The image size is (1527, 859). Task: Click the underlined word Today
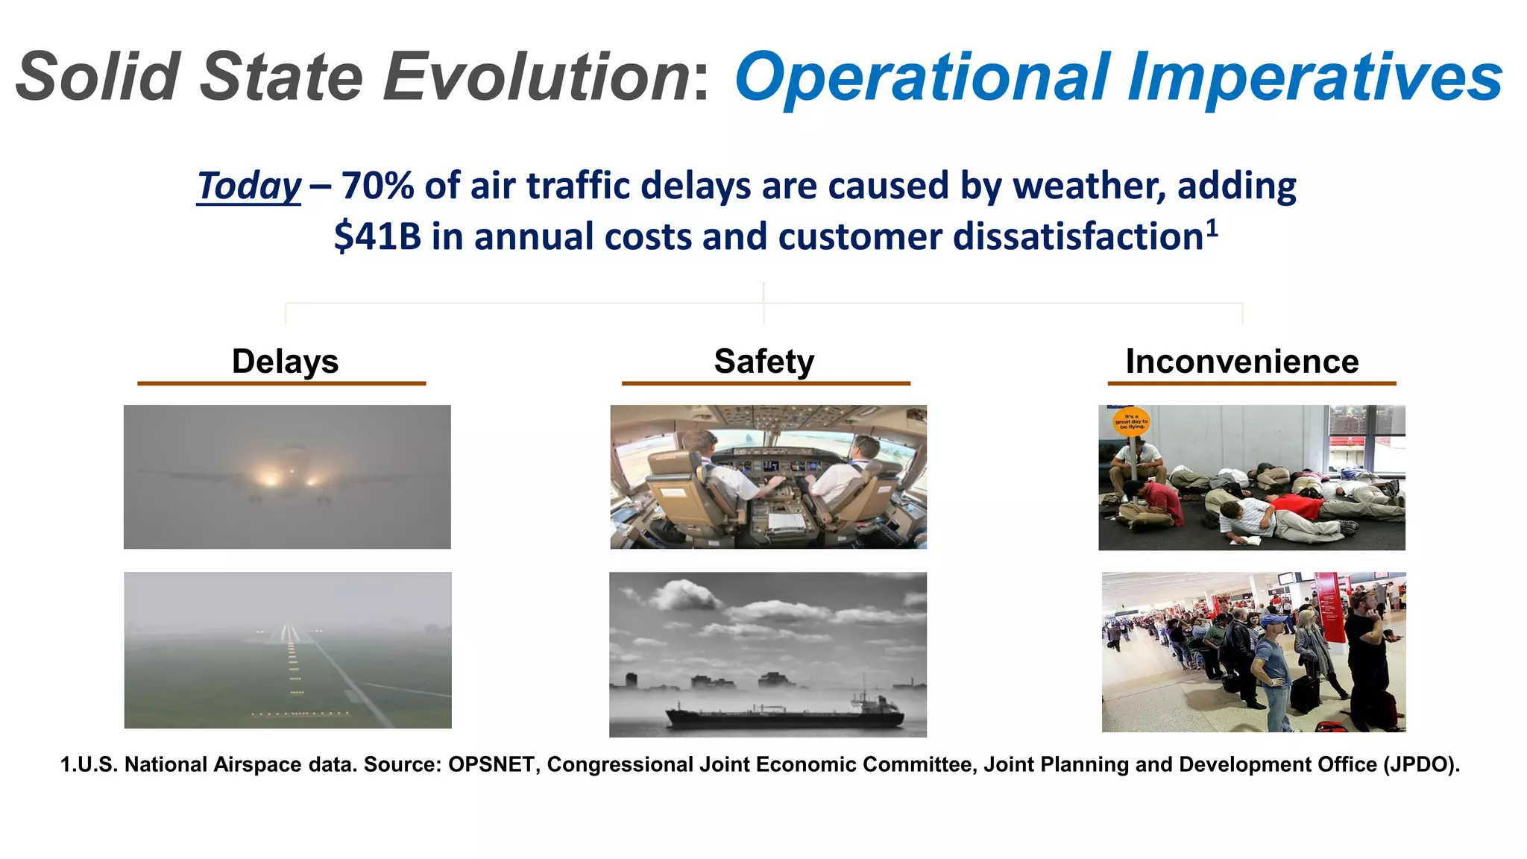click(x=249, y=186)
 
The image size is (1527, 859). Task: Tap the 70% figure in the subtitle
click(x=377, y=186)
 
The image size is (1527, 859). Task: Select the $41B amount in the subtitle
click(x=377, y=237)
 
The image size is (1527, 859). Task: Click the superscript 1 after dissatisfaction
click(x=1212, y=227)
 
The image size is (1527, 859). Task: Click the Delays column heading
click(x=285, y=362)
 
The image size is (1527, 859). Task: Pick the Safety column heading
click(x=764, y=362)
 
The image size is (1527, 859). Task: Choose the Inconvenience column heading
click(x=1242, y=362)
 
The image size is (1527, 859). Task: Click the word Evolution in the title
click(x=537, y=77)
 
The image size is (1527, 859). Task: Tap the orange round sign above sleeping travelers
click(x=1131, y=421)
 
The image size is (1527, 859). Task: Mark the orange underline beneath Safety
click(x=766, y=383)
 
